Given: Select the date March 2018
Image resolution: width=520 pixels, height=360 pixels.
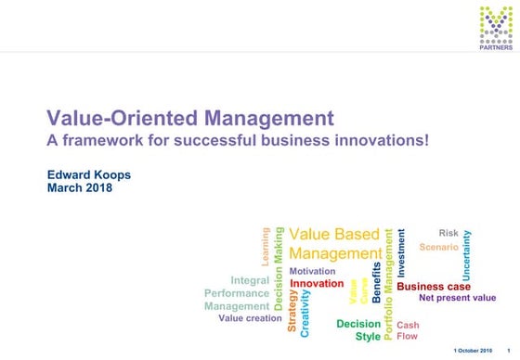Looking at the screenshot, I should [x=79, y=187].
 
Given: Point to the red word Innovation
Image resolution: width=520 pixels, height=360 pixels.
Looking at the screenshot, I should [x=317, y=283].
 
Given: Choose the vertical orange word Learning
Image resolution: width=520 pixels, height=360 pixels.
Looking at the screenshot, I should [x=266, y=248].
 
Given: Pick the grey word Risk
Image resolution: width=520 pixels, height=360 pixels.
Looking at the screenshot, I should [x=448, y=233].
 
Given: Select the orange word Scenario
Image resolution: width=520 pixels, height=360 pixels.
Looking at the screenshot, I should [x=438, y=248].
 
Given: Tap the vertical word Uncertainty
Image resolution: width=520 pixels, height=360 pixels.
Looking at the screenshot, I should [x=467, y=255].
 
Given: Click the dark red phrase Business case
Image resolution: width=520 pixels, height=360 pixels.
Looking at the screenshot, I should [x=434, y=287].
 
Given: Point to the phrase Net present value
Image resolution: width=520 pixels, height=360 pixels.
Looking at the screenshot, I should [x=458, y=299].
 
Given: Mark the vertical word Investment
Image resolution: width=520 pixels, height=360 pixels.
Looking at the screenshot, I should [x=402, y=252].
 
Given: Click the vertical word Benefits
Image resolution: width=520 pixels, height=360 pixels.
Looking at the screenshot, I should [x=376, y=282].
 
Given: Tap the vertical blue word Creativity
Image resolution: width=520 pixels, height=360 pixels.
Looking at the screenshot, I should [x=305, y=312].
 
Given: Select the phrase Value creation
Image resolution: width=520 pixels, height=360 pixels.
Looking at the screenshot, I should [x=250, y=318].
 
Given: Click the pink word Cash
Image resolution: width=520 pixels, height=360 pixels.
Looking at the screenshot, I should [x=408, y=325].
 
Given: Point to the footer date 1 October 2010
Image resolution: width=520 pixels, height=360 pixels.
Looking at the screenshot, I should [x=473, y=351].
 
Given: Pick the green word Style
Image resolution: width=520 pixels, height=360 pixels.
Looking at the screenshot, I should [x=368, y=336].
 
